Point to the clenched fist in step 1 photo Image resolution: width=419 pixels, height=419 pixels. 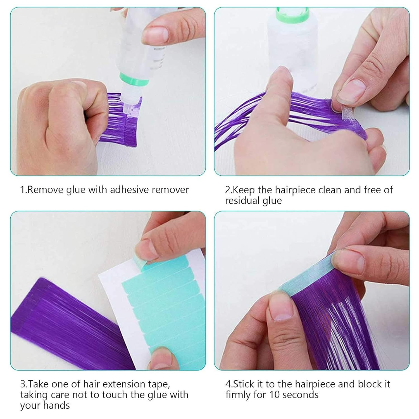point(59,117)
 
